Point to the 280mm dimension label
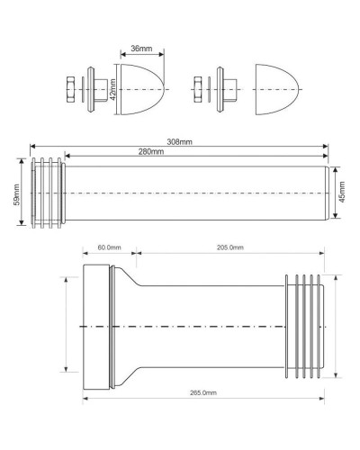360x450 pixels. pos(150,151)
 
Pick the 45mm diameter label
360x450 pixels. pos(342,193)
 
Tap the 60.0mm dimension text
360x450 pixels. pos(109,248)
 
